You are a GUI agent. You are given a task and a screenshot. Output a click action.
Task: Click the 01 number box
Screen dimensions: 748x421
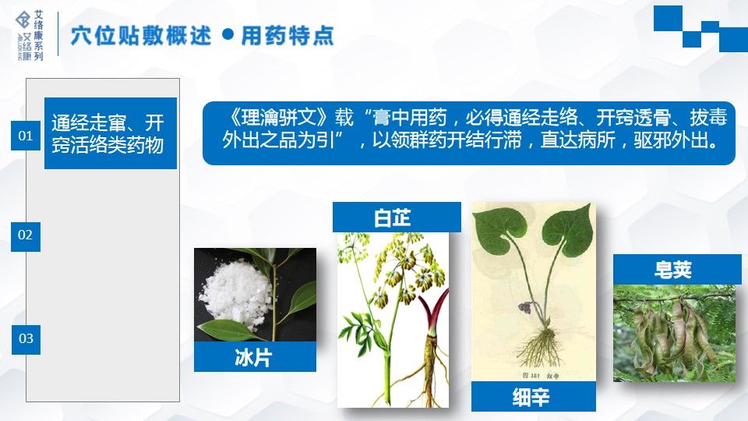(26, 136)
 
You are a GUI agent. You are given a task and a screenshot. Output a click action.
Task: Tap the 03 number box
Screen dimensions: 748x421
(26, 339)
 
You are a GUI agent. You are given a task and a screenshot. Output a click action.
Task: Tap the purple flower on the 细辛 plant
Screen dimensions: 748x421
(524, 308)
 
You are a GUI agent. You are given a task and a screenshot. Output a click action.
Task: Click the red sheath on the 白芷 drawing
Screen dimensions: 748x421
(432, 313)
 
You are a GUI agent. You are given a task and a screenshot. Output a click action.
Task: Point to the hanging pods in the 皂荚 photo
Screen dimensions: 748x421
(672, 337)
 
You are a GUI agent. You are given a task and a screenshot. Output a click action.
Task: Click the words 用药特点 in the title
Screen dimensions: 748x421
(288, 36)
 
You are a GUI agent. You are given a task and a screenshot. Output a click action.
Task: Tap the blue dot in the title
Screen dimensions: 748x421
(228, 34)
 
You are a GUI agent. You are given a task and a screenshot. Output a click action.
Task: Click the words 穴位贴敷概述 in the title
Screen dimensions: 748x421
(141, 36)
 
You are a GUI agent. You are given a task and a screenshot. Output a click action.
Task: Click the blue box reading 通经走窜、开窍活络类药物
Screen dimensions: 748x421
(110, 133)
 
